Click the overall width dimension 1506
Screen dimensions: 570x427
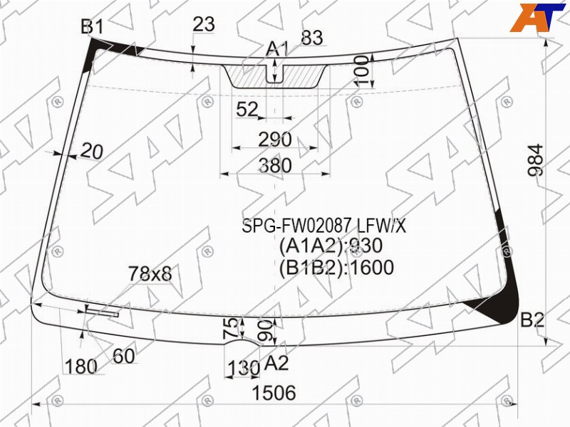[274, 393]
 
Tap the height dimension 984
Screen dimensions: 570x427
[536, 160]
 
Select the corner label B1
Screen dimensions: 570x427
[92, 26]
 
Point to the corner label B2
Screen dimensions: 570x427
[532, 320]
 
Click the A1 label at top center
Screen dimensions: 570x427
[277, 49]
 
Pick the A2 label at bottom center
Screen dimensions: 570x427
[276, 363]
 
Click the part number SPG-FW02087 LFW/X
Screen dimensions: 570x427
[324, 226]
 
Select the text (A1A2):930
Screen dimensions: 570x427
[331, 246]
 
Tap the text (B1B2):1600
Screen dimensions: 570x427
[336, 268]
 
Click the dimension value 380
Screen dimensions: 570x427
[275, 165]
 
